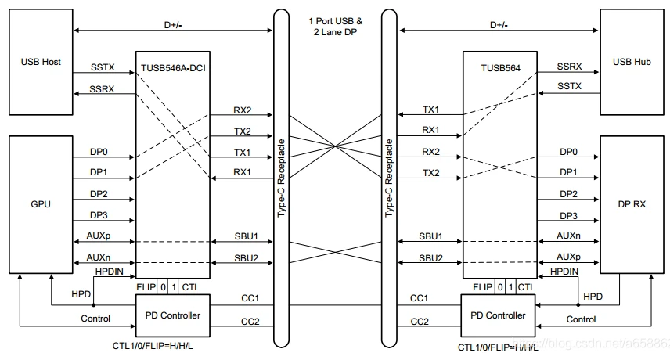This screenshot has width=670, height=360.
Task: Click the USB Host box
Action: pyautogui.click(x=41, y=63)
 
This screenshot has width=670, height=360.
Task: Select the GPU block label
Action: pyautogui.click(x=41, y=204)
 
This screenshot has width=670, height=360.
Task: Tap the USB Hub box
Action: pyautogui.click(x=632, y=63)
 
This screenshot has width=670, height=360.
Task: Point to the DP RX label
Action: pyautogui.click(x=632, y=204)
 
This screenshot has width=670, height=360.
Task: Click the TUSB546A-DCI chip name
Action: pyautogui.click(x=173, y=68)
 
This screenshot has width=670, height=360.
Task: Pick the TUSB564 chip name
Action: pyautogui.click(x=500, y=68)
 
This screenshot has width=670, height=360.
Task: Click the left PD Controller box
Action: pyautogui.click(x=173, y=315)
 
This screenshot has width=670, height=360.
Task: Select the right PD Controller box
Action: pyautogui.click(x=498, y=315)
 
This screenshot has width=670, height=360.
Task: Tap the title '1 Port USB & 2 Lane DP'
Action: pyautogui.click(x=336, y=27)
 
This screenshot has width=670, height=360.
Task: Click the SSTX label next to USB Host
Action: pyautogui.click(x=103, y=67)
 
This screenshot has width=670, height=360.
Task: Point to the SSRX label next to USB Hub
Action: pyautogui.click(x=569, y=67)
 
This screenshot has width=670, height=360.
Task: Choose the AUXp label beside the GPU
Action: pyautogui.click(x=99, y=236)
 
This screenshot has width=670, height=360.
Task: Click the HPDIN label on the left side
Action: pyautogui.click(x=109, y=272)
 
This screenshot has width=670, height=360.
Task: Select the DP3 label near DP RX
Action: pyautogui.click(x=568, y=216)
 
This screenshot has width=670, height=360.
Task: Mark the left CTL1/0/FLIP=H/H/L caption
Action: pyautogui.click(x=153, y=345)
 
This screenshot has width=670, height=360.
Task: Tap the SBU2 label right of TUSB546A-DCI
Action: pyautogui.click(x=246, y=258)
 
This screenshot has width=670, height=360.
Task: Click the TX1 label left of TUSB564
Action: pyautogui.click(x=430, y=110)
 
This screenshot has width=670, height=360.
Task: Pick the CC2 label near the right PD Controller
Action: pyautogui.click(x=420, y=321)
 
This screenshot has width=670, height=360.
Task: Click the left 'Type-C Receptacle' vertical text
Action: pyautogui.click(x=281, y=178)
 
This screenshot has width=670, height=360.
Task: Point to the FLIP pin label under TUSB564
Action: pyautogui.click(x=482, y=287)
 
